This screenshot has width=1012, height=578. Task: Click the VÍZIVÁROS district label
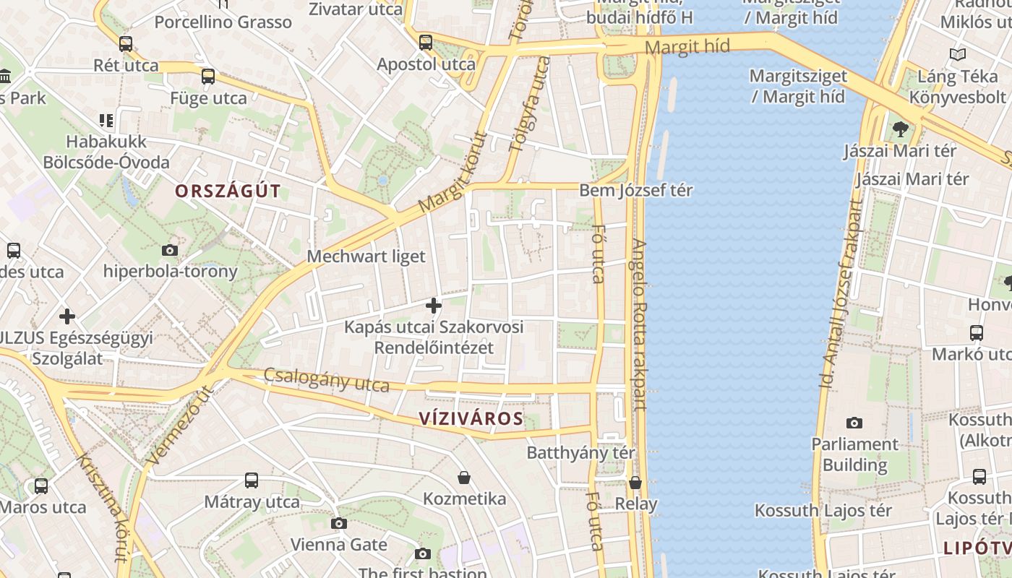point(471,419)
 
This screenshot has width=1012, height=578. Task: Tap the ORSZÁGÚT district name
point(228,191)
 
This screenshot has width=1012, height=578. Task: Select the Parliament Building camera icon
point(854,423)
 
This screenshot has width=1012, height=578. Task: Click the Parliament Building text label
point(854,454)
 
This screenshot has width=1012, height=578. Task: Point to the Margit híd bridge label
point(687,48)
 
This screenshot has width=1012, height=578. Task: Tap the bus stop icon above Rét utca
point(126,44)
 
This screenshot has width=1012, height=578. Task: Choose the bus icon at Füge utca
point(208,77)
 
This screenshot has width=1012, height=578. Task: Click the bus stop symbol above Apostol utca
point(426,43)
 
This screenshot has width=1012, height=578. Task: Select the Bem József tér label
point(635,191)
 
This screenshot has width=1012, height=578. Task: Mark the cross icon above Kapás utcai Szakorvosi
point(434,306)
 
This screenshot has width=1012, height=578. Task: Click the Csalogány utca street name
point(326,380)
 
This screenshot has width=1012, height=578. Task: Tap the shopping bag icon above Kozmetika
point(464,478)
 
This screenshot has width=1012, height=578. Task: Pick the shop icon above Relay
point(635,483)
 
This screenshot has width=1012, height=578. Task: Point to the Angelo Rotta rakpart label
point(640,325)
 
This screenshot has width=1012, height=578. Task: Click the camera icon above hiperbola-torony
point(170,251)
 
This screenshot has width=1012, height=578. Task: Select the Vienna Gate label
point(338,544)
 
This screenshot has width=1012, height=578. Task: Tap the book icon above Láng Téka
point(958,54)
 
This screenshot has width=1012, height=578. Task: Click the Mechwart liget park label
point(366,256)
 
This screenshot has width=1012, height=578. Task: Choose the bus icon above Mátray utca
point(252,480)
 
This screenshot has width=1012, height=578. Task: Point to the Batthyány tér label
point(580,453)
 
